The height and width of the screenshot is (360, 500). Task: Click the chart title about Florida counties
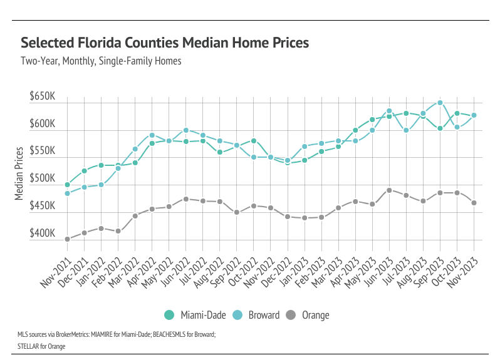[165, 43]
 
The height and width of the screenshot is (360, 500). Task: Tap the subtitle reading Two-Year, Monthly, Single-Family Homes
[101, 61]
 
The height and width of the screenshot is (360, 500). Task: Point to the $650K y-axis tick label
[43, 98]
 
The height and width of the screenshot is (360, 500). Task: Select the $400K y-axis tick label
[43, 234]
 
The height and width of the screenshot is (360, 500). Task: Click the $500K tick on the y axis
[43, 179]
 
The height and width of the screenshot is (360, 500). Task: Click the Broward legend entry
[256, 315]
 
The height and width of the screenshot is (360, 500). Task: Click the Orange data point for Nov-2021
[67, 239]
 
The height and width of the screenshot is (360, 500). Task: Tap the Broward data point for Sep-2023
[440, 103]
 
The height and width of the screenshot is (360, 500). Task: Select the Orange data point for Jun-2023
[389, 190]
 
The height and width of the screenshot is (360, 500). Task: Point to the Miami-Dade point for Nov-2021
[67, 185]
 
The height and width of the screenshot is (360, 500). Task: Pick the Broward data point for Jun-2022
[186, 130]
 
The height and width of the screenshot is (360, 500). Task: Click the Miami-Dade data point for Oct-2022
[254, 141]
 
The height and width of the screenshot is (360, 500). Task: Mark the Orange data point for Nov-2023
[474, 203]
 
